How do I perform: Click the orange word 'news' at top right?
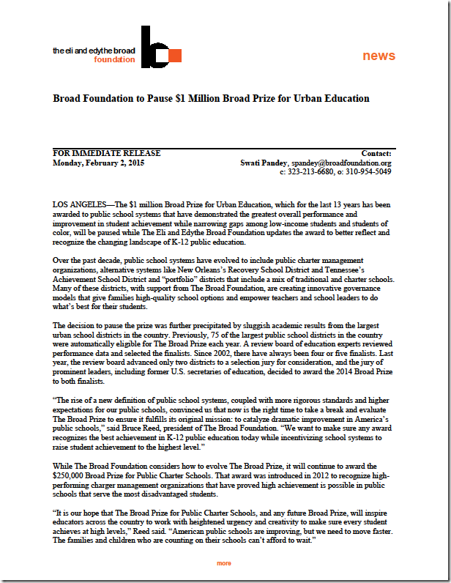pyautogui.click(x=379, y=56)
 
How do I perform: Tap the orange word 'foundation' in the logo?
pyautogui.click(x=114, y=60)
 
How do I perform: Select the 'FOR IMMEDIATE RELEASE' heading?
pyautogui.click(x=107, y=153)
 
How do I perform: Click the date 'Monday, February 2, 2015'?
pyautogui.click(x=99, y=163)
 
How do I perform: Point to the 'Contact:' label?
pyautogui.click(x=376, y=153)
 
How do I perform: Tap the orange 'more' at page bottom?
pyautogui.click(x=224, y=563)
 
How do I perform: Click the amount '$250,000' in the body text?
pyautogui.click(x=72, y=475)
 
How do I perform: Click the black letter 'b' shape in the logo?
pyautogui.click(x=150, y=47)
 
